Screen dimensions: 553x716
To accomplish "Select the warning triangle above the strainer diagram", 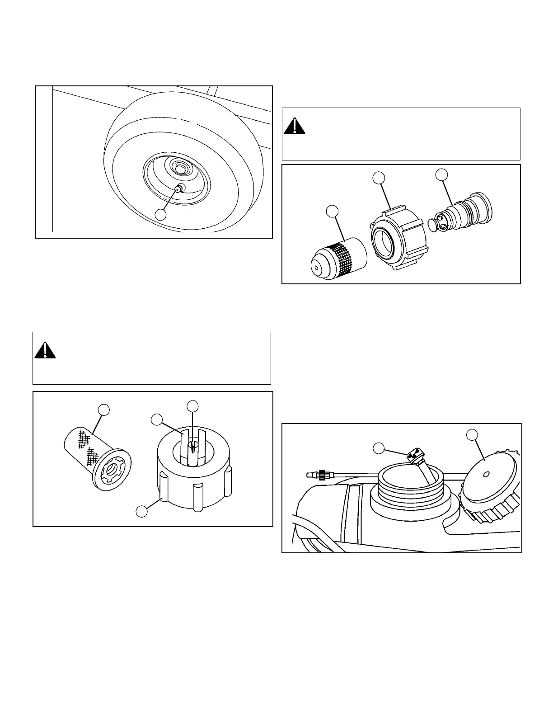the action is (45, 350).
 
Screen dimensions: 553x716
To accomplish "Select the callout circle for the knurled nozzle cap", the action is (333, 211).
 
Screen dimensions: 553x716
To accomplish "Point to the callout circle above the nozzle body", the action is (441, 174).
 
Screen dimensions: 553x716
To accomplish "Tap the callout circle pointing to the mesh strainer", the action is (104, 410).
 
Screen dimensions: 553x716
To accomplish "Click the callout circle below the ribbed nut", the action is (142, 511).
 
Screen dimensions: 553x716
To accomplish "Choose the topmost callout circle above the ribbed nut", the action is (193, 406).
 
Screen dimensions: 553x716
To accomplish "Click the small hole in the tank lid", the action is (486, 474).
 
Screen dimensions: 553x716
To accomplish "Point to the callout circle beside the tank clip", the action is (379, 448).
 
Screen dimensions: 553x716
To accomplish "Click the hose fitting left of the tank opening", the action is (316, 475).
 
